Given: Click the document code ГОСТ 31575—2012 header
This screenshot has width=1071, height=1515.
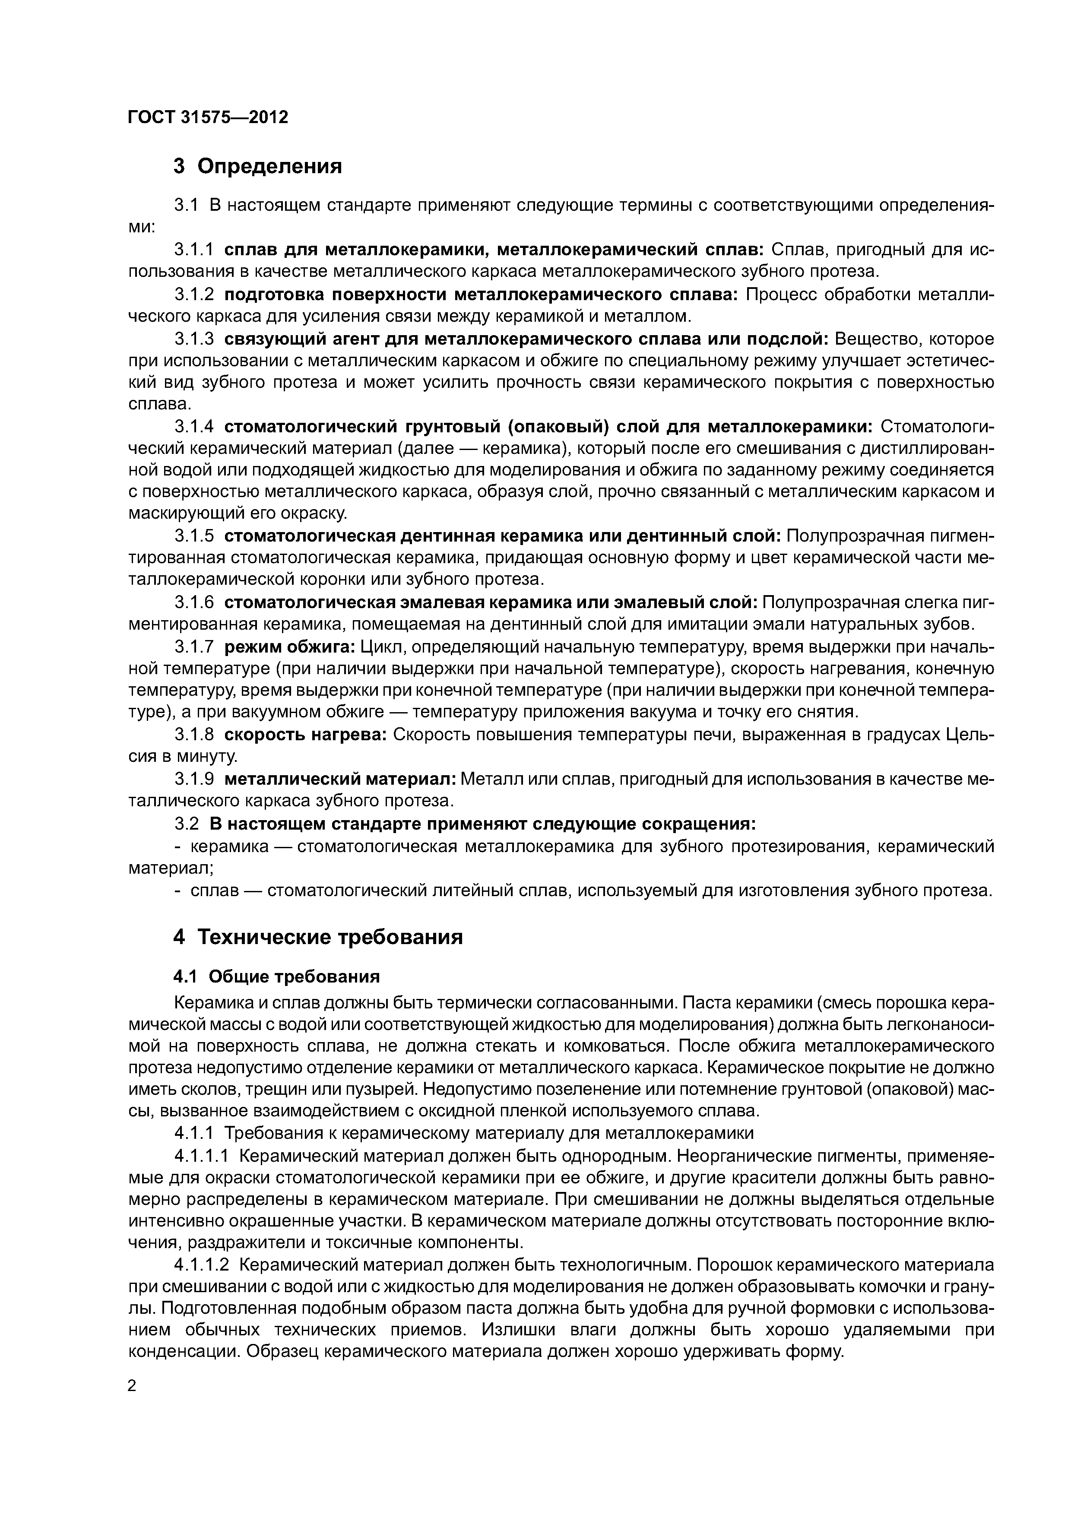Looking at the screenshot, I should [208, 117].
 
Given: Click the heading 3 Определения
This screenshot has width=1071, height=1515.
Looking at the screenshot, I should [258, 166].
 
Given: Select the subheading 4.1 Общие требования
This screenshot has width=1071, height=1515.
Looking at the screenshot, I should [277, 976].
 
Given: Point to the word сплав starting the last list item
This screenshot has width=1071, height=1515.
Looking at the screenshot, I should [215, 891].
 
